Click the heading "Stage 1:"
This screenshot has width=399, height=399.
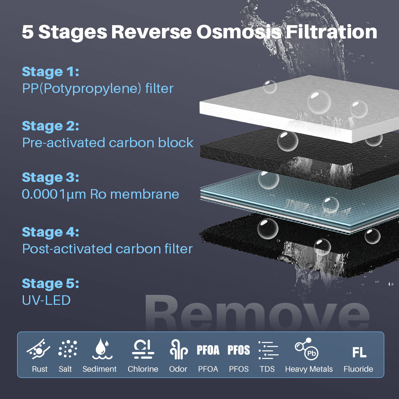[x=50, y=72]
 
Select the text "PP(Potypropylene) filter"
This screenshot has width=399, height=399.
[x=98, y=89]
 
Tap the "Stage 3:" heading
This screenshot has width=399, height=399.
[x=50, y=178]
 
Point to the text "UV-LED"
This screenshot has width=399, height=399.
[x=46, y=300]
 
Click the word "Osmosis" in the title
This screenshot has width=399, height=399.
[x=239, y=32]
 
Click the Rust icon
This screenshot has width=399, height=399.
[x=38, y=349]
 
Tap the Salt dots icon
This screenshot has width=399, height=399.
[x=68, y=349]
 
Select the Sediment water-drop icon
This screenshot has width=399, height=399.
[x=102, y=349]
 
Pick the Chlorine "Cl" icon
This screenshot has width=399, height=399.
[x=143, y=349]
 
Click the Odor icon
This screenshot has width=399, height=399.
[x=179, y=350]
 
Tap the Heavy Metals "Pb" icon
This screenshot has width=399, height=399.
[x=306, y=349]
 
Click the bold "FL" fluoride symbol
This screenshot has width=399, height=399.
[x=359, y=352]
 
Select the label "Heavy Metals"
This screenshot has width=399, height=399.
[x=309, y=369]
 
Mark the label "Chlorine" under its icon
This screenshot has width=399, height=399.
[x=143, y=369]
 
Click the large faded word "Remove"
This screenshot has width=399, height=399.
[x=257, y=313]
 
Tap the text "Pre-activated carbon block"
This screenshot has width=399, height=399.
[x=108, y=143]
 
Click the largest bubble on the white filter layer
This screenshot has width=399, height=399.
[x=319, y=102]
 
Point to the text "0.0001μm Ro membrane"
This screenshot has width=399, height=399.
[x=100, y=194]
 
